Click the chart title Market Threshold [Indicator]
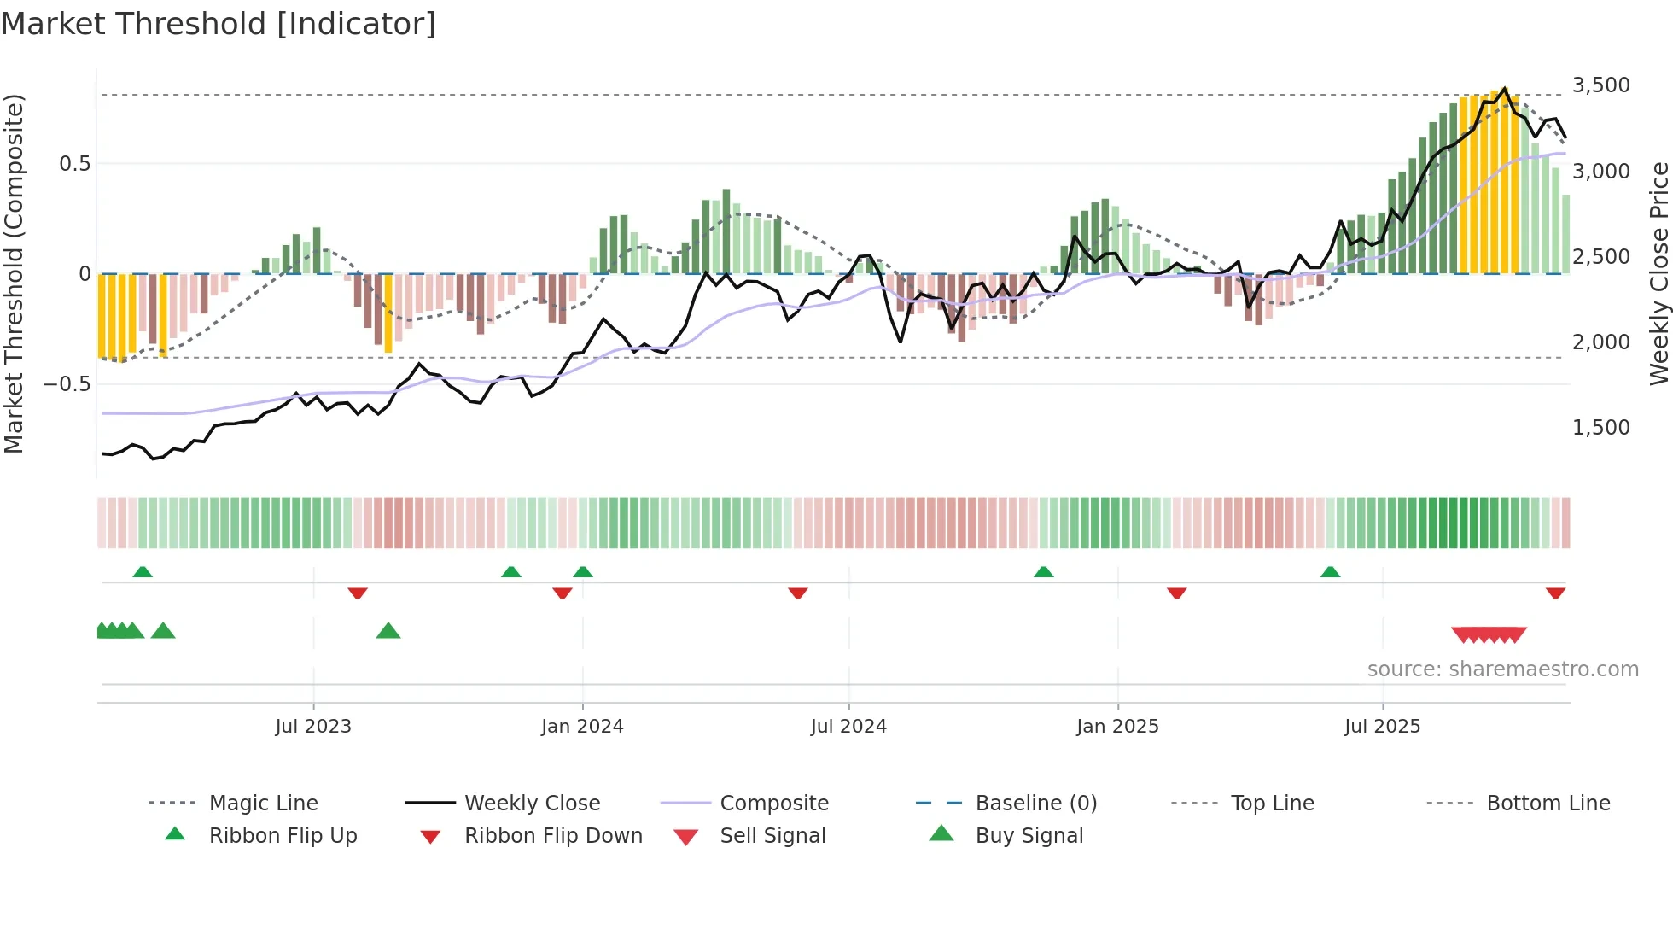(x=219, y=24)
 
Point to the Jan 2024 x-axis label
(x=582, y=727)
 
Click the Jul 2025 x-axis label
(x=1382, y=727)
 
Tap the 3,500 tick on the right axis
(x=1600, y=85)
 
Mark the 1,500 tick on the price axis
(x=1600, y=428)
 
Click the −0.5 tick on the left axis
(x=67, y=384)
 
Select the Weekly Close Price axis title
(x=1658, y=273)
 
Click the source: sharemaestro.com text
(x=1502, y=669)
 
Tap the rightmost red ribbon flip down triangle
(x=1555, y=593)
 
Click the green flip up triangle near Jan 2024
(x=583, y=572)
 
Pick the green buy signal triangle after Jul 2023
(x=388, y=631)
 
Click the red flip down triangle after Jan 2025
(x=1176, y=593)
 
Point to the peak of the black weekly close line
(x=1504, y=89)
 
